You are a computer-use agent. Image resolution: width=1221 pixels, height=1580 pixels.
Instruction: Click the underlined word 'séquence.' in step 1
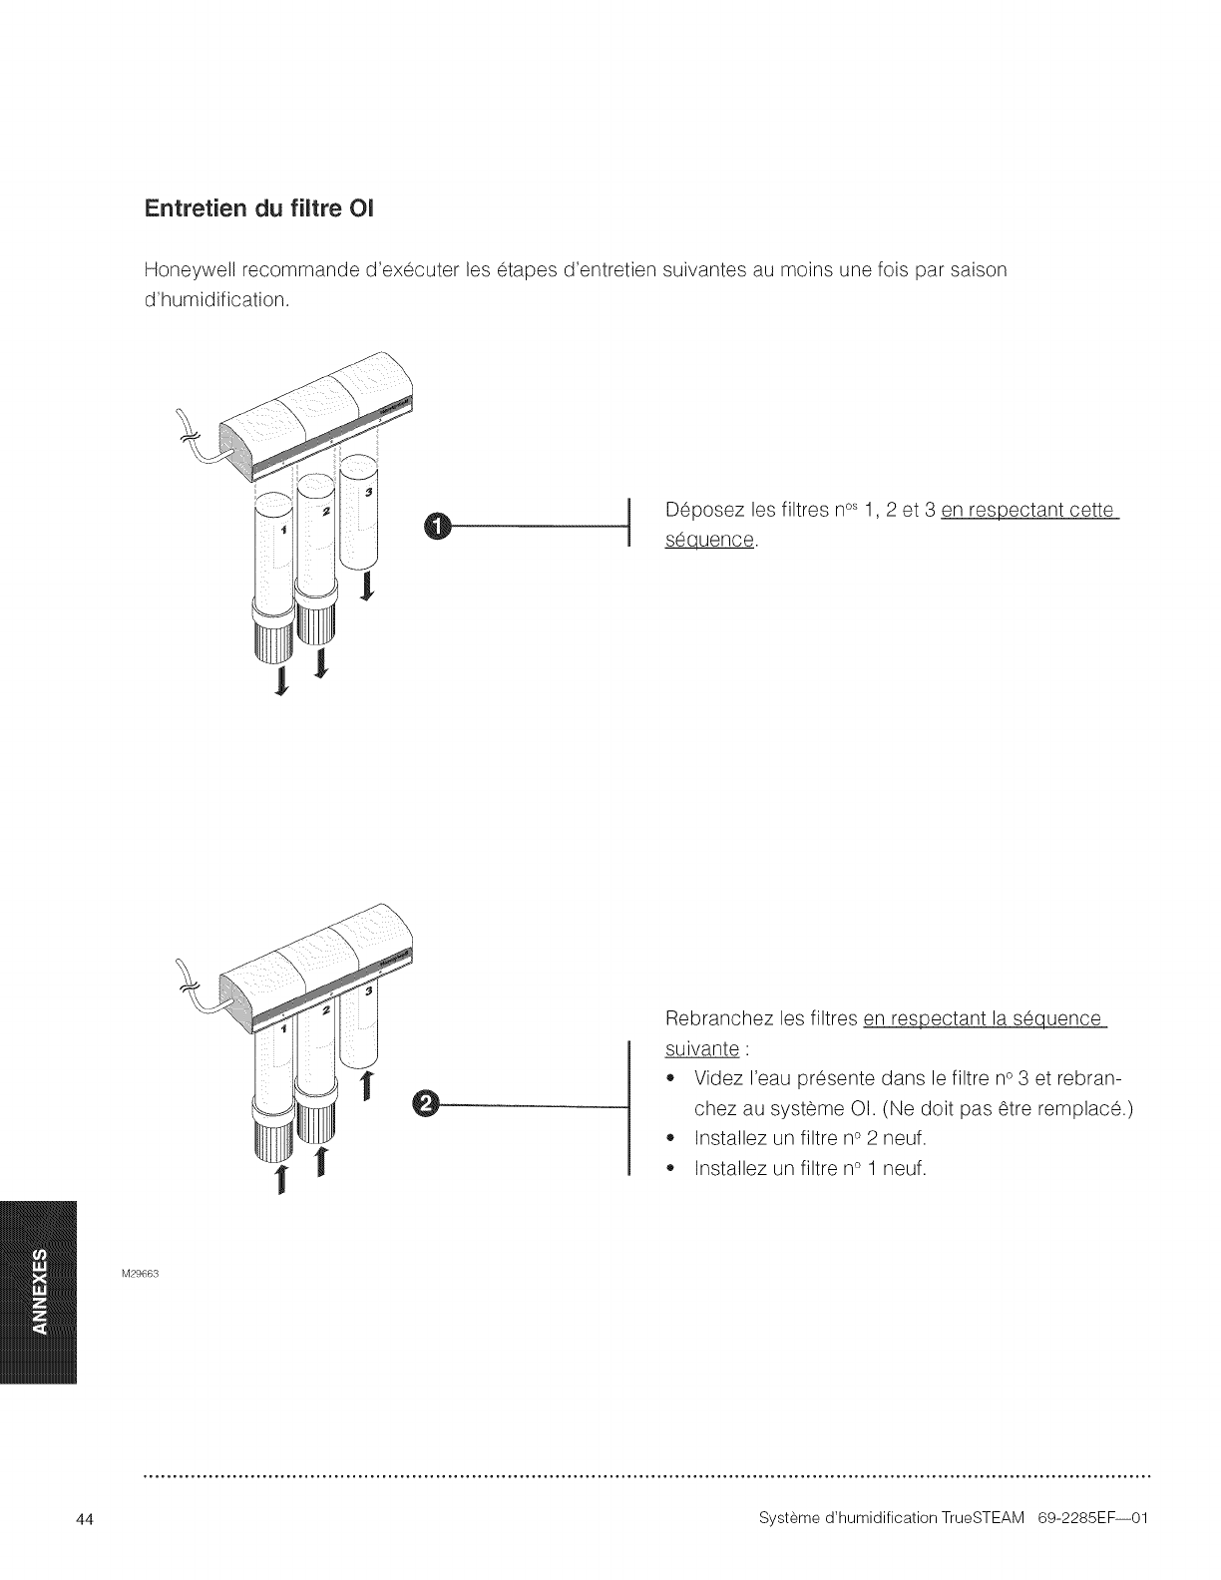coord(710,541)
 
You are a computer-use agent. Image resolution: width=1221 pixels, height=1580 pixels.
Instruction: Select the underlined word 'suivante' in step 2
coord(701,1049)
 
